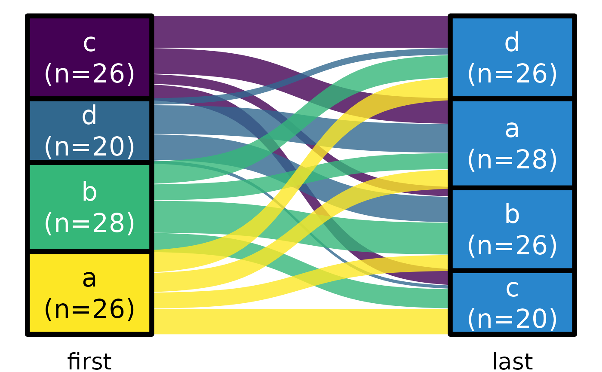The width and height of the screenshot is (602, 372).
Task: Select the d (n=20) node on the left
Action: point(89,131)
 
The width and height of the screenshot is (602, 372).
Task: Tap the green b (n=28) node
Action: point(89,207)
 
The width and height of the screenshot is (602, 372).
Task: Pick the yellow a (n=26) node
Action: point(89,293)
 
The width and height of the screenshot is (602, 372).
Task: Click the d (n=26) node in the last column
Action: point(512,58)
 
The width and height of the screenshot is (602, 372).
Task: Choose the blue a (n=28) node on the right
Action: point(512,143)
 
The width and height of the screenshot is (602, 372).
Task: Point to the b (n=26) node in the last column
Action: point(512,229)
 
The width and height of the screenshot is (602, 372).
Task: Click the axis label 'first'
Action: point(89,361)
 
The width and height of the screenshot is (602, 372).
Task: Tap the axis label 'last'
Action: point(512,361)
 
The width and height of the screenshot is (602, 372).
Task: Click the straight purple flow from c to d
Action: point(301,32)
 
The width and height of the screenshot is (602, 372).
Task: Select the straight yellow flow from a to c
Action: point(301,321)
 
